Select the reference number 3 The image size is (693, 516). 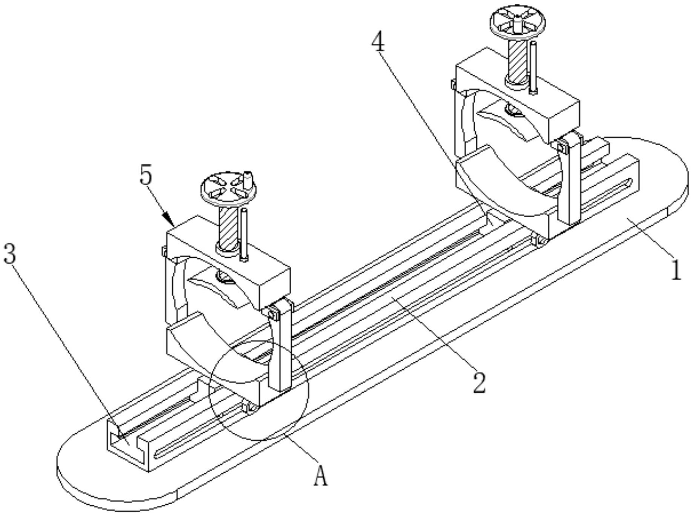coord(10,253)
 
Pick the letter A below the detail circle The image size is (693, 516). coord(321,476)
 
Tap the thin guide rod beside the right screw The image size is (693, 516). coord(533,68)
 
